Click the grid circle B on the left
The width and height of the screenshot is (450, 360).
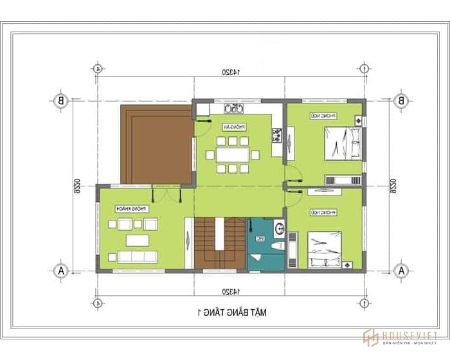point(60,100)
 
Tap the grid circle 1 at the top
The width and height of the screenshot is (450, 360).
point(364,68)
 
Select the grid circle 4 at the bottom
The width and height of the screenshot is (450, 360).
point(97,302)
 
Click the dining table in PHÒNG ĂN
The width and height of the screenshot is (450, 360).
point(233,155)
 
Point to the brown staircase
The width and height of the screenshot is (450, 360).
point(219,244)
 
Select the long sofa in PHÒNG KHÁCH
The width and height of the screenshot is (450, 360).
point(138,256)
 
